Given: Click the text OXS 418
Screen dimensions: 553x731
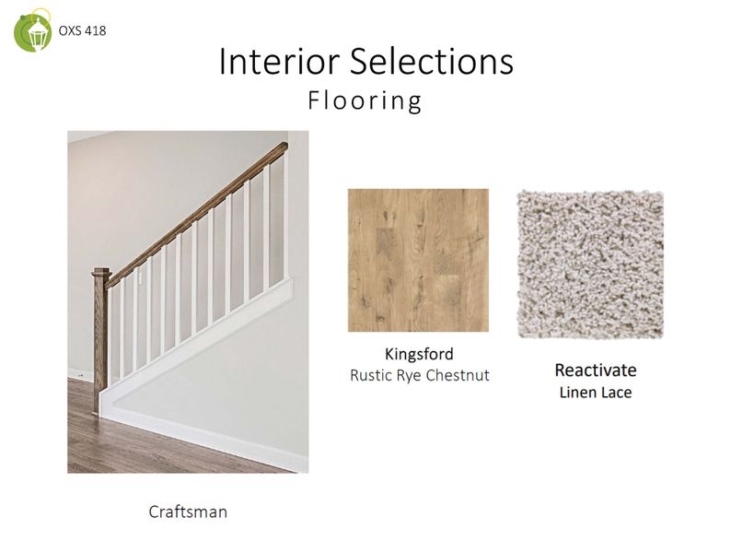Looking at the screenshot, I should (82, 30).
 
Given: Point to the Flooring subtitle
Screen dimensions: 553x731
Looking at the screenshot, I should (365, 100).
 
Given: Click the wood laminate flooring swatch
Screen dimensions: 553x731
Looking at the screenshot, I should (418, 260).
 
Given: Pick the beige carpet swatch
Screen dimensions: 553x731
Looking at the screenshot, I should (589, 264).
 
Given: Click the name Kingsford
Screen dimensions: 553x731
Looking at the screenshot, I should (418, 354).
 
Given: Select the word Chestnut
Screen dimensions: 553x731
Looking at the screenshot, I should (458, 375).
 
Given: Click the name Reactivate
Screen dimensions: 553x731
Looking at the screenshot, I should (595, 371).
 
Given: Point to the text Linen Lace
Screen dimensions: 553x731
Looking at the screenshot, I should (595, 393).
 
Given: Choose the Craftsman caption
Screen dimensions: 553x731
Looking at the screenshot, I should (188, 511).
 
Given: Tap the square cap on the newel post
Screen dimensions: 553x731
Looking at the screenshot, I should (100, 272).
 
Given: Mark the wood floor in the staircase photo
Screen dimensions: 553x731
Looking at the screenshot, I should (138, 442).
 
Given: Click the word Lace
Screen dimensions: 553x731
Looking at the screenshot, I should (613, 393).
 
